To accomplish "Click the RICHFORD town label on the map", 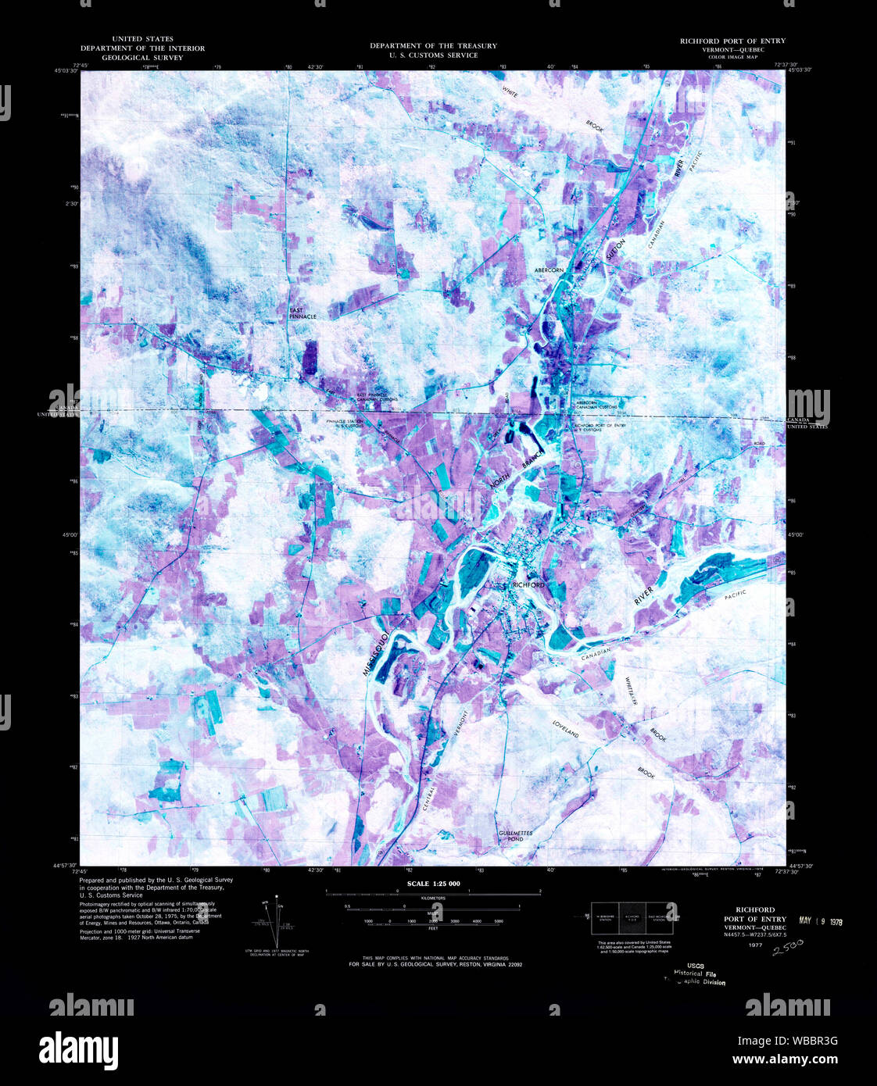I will (x=528, y=584).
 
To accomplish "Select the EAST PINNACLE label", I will (x=302, y=313).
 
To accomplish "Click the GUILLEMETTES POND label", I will (x=516, y=835).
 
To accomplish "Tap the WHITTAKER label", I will (x=631, y=691).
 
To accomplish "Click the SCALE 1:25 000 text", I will (x=433, y=884).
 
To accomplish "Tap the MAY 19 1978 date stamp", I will (x=820, y=920).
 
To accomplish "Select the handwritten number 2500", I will (x=788, y=948).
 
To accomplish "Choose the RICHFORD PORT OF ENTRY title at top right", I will (x=732, y=41).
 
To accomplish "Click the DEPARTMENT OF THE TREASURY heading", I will (x=433, y=46).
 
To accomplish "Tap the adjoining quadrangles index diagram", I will (x=632, y=918).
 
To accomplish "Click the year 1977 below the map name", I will (x=754, y=945).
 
